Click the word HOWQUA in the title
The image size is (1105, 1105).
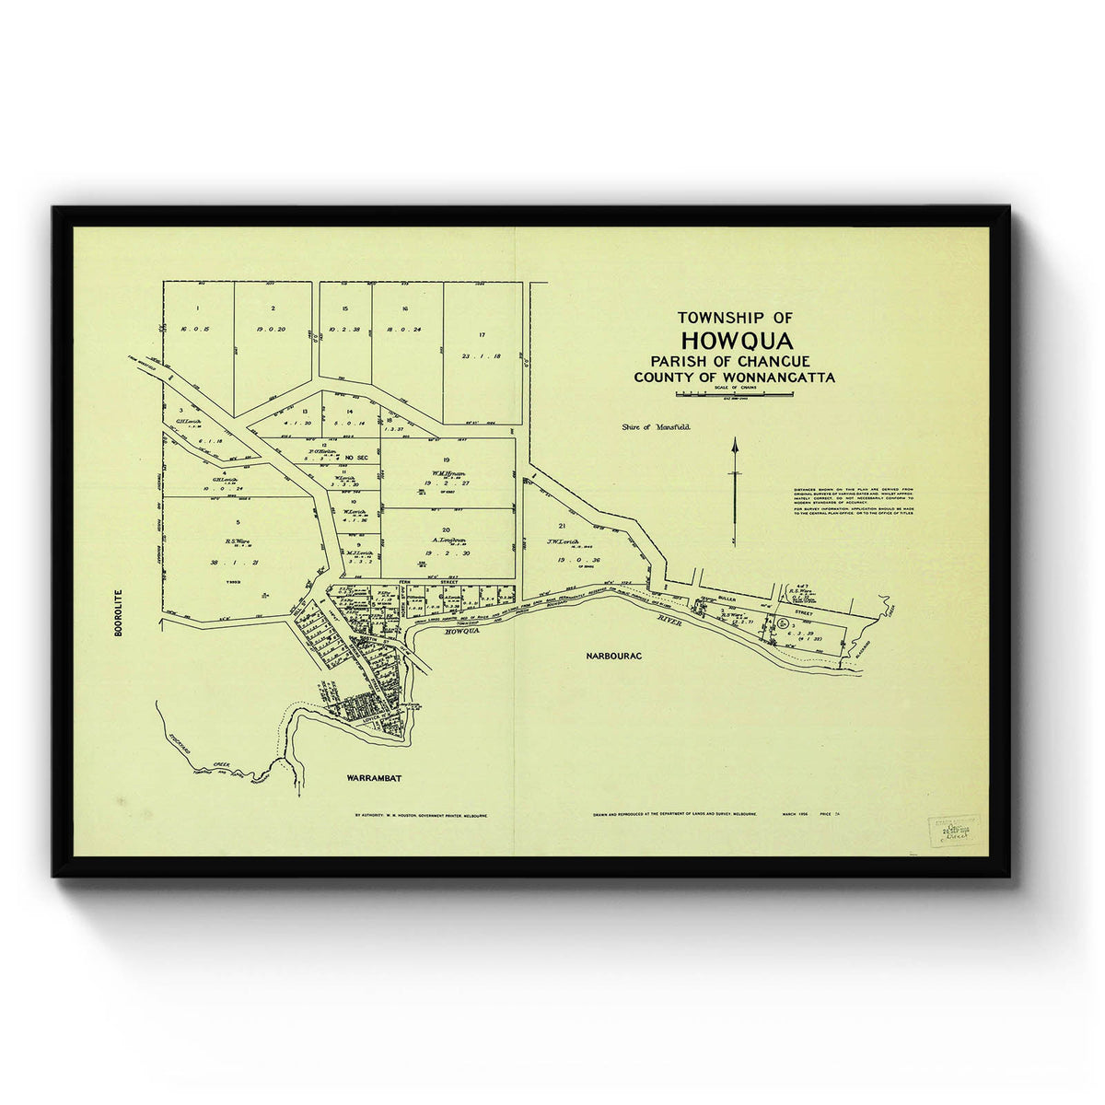coord(736,342)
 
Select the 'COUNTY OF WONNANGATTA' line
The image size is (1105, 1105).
coord(734,378)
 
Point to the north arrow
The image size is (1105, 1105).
coord(735,488)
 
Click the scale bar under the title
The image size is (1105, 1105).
coord(734,394)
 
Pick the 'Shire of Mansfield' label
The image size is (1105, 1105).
coord(656,427)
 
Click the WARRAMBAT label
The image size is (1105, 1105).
coord(375,778)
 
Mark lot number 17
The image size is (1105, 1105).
coord(482,334)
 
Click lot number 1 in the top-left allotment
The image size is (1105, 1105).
coord(197,308)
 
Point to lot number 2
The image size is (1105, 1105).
coord(273,308)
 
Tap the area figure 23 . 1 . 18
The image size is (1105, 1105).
coord(482,355)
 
